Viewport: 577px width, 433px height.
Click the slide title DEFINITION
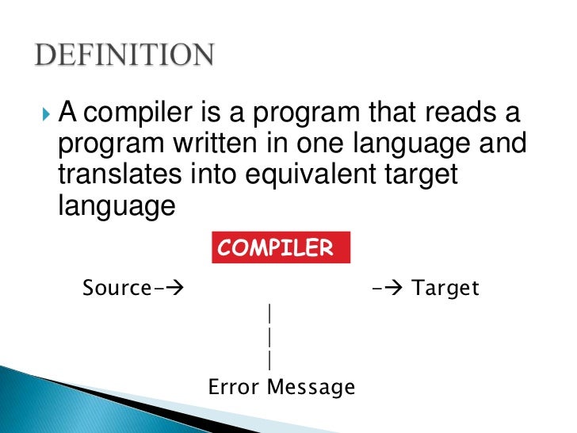(x=125, y=56)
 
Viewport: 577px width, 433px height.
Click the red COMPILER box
(x=281, y=248)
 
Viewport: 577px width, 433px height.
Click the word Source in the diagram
(x=116, y=287)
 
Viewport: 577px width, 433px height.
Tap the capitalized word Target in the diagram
(x=447, y=288)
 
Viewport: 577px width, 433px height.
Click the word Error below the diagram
(x=235, y=387)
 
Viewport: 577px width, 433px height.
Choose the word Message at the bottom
(x=311, y=388)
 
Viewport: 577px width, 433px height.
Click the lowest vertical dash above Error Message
(x=270, y=361)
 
